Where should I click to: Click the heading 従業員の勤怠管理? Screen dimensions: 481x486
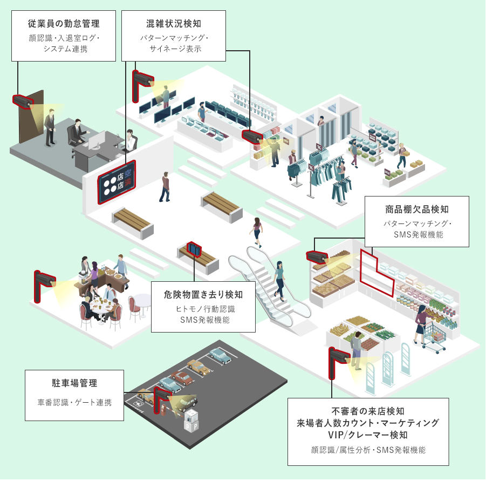64,24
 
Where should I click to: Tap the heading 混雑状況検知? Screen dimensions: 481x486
174,24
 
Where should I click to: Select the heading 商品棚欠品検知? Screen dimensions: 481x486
416,209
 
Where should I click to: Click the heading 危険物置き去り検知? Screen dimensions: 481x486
203,295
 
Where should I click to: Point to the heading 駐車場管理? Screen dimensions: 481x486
74,383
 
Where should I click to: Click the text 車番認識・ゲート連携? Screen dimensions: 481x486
74,402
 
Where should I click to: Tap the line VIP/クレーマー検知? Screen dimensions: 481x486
367,435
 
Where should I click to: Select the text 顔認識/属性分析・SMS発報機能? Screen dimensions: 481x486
368,450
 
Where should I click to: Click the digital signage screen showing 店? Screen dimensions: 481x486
117,182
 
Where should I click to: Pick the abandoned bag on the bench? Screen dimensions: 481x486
194,249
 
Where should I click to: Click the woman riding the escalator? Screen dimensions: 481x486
280,280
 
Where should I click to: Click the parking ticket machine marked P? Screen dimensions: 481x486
191,421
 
